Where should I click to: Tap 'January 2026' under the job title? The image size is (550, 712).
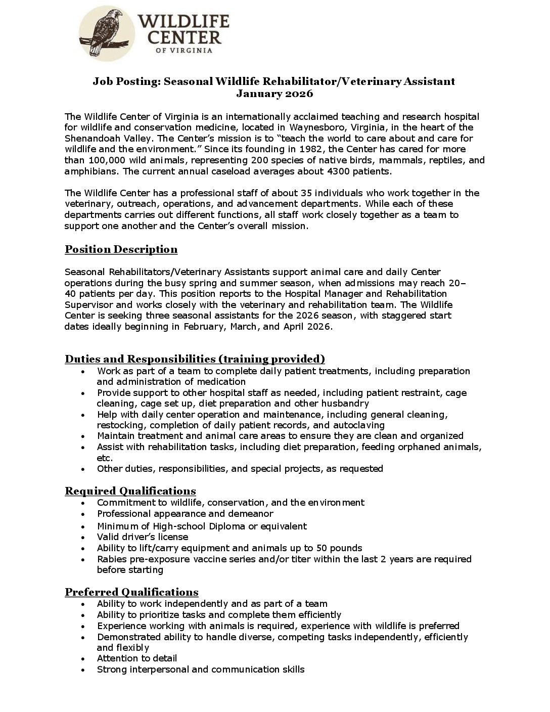[274, 94]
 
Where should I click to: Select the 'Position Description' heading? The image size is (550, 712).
[121, 249]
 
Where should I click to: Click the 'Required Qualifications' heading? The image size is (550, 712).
[130, 491]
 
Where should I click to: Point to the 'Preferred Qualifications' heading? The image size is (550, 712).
[131, 592]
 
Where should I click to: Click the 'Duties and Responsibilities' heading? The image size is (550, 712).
[195, 359]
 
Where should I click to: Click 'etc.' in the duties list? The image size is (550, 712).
[105, 458]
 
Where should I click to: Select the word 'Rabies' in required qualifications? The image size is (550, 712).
[111, 559]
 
